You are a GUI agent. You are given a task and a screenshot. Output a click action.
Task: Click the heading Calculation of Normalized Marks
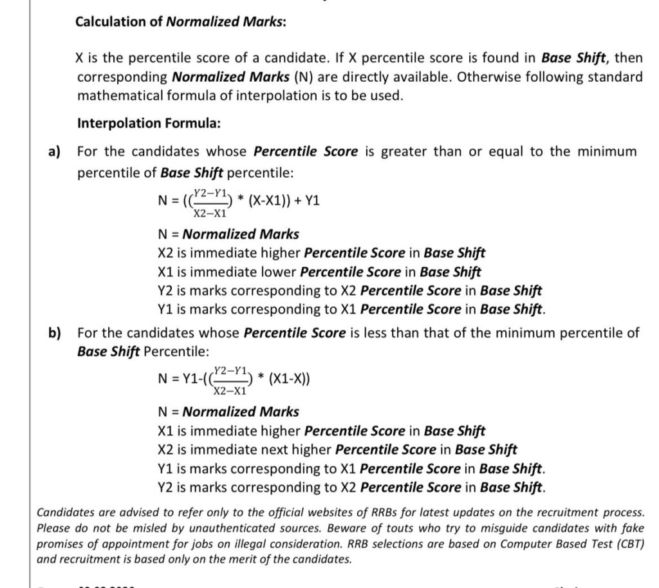click(x=181, y=21)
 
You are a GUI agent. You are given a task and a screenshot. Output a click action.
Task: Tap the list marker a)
click(x=54, y=151)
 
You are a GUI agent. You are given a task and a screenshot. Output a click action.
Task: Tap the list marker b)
click(x=54, y=332)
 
